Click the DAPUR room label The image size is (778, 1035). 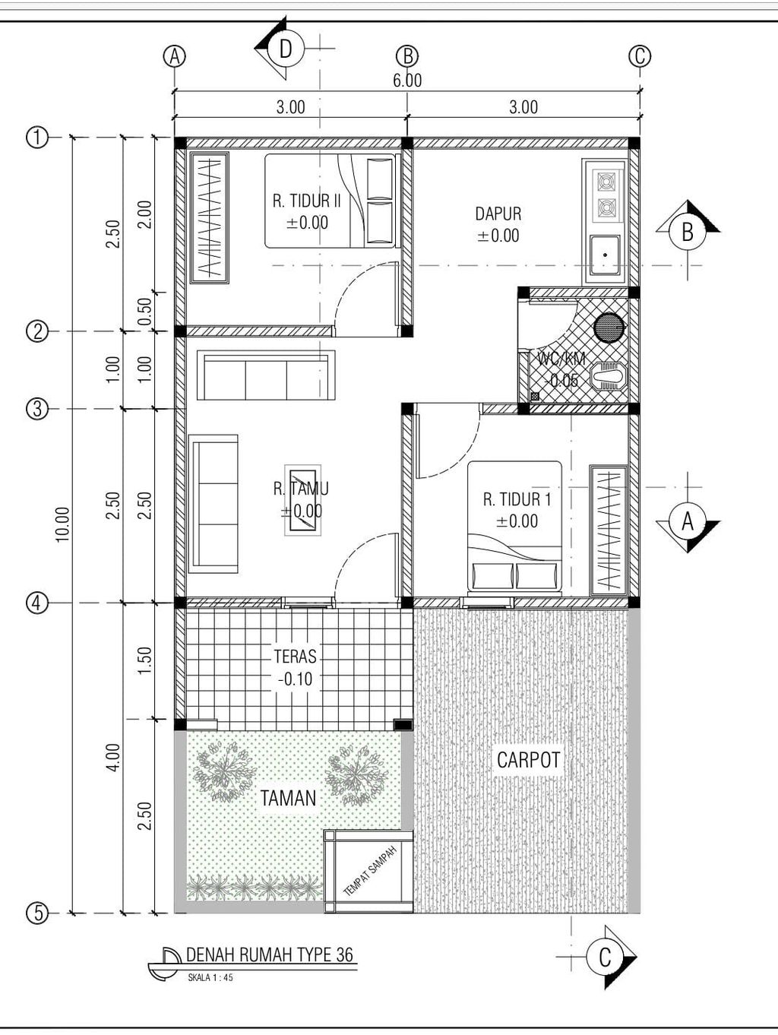click(498, 214)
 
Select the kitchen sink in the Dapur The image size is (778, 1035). click(605, 255)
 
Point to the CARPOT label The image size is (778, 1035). click(528, 759)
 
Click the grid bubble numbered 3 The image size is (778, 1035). click(36, 409)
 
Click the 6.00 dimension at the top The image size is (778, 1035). click(407, 81)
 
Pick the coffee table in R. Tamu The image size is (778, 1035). click(302, 500)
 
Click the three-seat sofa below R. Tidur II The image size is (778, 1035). click(266, 375)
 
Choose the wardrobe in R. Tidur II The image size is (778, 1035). click(209, 217)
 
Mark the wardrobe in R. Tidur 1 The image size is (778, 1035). click(609, 530)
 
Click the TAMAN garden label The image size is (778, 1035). click(289, 798)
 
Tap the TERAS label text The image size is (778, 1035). click(296, 656)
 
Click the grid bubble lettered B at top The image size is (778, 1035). click(407, 56)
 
